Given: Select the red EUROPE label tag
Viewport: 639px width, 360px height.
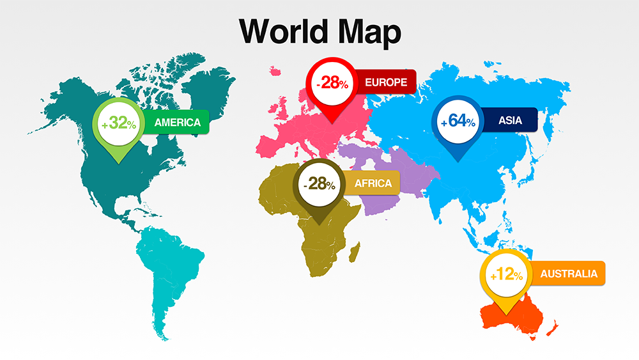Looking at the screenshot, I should coord(385,82).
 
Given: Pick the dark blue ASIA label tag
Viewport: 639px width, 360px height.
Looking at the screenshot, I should coord(510,120).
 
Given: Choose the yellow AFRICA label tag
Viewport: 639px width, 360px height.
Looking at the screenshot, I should coord(373,184).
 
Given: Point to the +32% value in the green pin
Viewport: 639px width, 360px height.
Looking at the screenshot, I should coord(118,123).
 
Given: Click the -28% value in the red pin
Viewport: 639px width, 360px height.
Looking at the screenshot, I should coord(331,82).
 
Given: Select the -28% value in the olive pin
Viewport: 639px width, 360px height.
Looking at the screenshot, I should coord(319,184).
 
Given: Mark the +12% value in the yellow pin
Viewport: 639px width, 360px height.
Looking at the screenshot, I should coord(505,276).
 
